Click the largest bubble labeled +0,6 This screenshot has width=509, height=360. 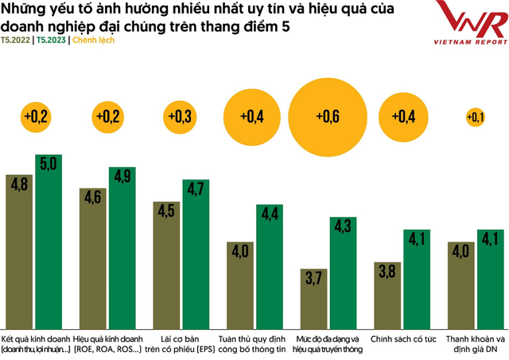pyautogui.click(x=327, y=117)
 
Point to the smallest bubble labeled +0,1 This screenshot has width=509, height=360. pyautogui.click(x=476, y=118)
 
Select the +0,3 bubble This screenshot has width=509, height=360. pyautogui.click(x=180, y=117)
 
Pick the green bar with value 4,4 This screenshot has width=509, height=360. pyautogui.click(x=270, y=263)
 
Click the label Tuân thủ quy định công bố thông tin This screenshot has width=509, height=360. pyautogui.click(x=255, y=343)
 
